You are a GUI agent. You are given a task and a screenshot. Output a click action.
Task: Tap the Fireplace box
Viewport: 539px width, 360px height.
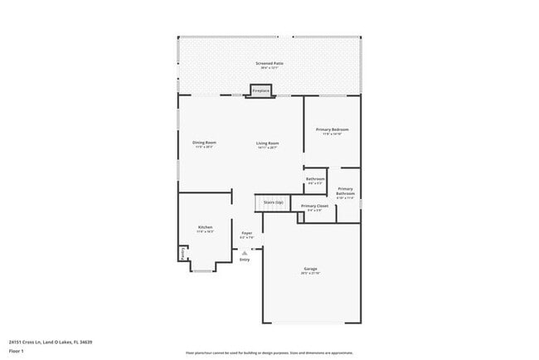(260, 90)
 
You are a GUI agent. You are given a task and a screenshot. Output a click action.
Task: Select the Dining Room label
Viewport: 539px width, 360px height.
(204, 144)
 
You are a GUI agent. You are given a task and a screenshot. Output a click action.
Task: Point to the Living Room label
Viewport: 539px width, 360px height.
(267, 144)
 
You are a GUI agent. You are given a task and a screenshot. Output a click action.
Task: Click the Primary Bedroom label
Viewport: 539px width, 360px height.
(332, 130)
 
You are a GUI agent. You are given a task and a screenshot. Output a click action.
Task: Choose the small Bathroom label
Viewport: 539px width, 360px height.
(315, 179)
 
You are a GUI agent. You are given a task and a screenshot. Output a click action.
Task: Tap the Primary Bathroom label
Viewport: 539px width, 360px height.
(345, 191)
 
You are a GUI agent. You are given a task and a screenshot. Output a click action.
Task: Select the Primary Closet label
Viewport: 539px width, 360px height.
(315, 206)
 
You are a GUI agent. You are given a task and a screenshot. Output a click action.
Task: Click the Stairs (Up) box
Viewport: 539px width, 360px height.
(273, 202)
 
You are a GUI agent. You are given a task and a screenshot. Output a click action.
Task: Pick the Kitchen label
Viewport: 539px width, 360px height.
(205, 227)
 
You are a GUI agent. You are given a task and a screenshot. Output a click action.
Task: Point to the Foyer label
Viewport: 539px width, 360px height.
(246, 233)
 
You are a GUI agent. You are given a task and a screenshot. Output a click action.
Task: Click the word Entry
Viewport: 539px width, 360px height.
(245, 260)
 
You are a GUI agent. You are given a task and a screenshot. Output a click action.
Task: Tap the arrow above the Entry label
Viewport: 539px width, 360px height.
(245, 252)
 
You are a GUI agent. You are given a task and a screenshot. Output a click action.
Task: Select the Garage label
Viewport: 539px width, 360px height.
(311, 270)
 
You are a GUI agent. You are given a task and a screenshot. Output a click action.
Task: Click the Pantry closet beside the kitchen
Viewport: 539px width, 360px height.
(182, 254)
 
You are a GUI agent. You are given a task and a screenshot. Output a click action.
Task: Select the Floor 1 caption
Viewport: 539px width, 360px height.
(17, 351)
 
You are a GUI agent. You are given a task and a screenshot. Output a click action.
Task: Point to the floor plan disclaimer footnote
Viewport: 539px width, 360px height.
(269, 353)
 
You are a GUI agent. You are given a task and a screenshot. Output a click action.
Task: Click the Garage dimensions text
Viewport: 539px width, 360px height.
(311, 275)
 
